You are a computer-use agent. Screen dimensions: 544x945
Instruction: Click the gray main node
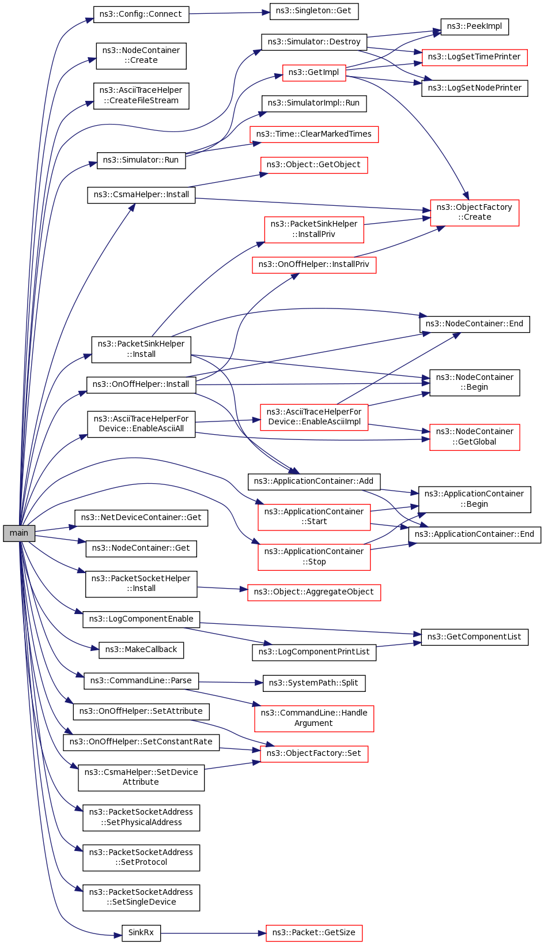19,533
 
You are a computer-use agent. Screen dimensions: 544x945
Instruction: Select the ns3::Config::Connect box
141,14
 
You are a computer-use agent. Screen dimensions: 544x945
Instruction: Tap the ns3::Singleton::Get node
313,11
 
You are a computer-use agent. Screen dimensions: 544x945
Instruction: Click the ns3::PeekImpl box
474,27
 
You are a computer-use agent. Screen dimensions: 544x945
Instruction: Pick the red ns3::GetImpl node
313,73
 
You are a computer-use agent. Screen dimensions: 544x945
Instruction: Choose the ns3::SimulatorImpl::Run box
313,103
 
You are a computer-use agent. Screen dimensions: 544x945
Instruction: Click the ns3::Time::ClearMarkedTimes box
313,134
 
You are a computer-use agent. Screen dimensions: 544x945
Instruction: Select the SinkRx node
141,932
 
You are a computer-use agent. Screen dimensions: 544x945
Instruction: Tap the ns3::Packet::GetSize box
313,932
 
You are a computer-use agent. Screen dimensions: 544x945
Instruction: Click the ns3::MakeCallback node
141,649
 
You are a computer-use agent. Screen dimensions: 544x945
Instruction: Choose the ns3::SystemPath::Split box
313,683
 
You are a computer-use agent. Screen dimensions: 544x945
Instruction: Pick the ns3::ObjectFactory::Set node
313,754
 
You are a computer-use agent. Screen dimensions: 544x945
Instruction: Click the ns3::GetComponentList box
474,637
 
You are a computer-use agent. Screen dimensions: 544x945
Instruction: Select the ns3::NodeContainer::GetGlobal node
474,437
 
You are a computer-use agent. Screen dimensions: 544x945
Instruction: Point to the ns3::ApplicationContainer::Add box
313,481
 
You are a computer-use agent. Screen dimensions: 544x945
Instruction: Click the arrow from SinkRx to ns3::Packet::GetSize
213,933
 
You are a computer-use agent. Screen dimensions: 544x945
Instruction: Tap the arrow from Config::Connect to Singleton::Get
229,13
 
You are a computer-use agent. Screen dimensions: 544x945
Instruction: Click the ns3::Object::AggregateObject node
313,592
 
